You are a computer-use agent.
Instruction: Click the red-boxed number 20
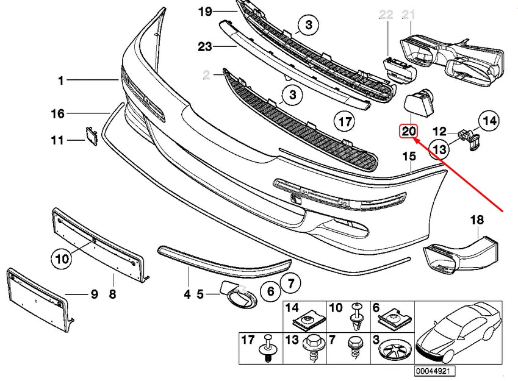408,130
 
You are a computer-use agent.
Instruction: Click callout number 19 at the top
205,10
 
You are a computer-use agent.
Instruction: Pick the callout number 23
205,46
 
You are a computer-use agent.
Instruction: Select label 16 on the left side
57,113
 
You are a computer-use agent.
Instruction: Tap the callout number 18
477,220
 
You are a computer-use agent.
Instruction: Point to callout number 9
94,294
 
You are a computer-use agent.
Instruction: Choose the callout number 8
113,294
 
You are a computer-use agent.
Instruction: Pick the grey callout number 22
386,14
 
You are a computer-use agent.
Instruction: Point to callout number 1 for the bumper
61,80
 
